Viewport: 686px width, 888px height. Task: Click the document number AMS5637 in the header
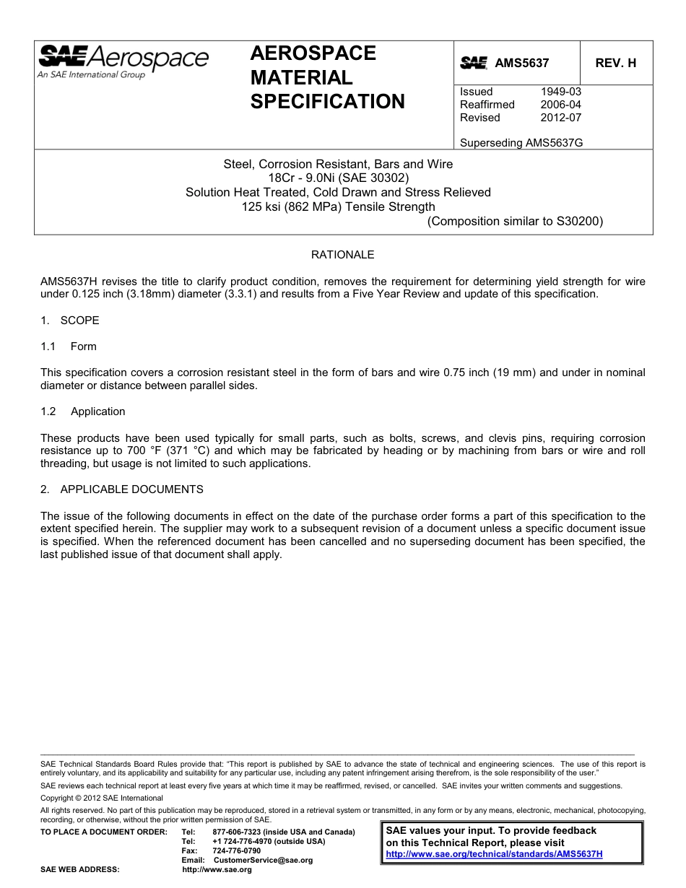(521, 63)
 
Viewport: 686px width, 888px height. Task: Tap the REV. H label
(615, 63)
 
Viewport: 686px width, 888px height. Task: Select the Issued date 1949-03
(560, 92)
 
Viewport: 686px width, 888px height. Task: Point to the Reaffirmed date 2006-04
(560, 105)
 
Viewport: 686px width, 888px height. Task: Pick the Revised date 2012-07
(560, 118)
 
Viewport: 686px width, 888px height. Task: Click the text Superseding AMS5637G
(521, 143)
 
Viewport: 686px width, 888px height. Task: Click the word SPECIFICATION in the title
(327, 102)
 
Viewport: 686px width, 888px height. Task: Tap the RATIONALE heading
(342, 255)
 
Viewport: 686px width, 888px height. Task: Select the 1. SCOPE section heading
(70, 321)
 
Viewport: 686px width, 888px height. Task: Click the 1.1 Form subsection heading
(69, 347)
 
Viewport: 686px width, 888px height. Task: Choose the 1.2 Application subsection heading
(83, 412)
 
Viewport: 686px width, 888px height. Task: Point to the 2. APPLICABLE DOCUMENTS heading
(122, 489)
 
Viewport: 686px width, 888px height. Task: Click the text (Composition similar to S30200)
(515, 222)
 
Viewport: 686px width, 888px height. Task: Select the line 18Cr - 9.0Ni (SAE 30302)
(338, 178)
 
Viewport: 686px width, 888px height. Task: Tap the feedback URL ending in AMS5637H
(494, 854)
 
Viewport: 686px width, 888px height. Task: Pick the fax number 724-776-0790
(237, 851)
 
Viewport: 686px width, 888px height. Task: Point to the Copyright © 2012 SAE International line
(102, 798)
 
